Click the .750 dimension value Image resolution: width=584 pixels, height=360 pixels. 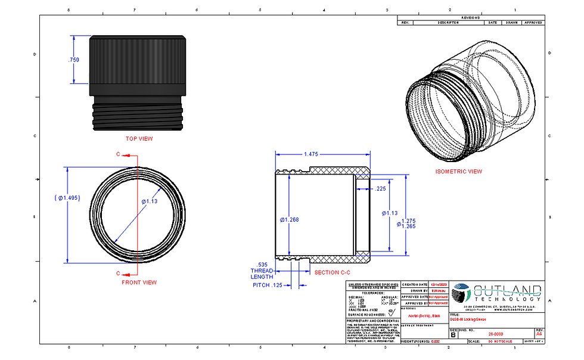click(x=74, y=60)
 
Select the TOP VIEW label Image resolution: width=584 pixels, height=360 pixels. click(x=138, y=139)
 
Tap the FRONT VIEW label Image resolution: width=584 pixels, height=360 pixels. click(x=139, y=283)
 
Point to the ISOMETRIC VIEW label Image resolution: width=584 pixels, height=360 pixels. click(x=458, y=172)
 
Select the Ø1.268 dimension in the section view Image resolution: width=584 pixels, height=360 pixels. click(x=288, y=219)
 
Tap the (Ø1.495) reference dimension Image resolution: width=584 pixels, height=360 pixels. click(x=66, y=198)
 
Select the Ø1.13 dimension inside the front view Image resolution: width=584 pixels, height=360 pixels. click(x=149, y=201)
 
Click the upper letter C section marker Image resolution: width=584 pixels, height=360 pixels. click(x=118, y=154)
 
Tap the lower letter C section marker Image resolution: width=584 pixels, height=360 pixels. click(x=118, y=273)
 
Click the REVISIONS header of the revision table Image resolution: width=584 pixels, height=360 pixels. click(x=470, y=18)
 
